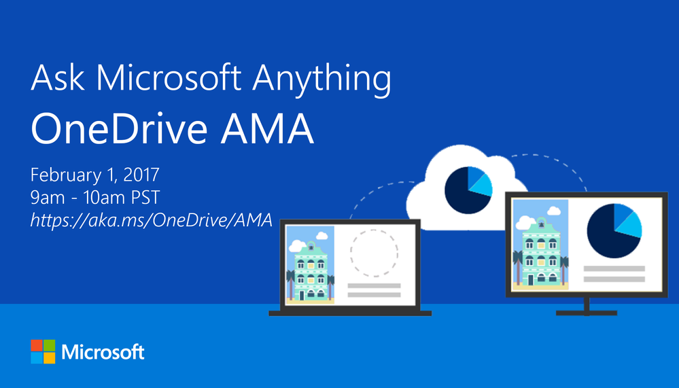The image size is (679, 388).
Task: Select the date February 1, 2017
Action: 95,175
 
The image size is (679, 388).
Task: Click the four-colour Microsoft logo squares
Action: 43,352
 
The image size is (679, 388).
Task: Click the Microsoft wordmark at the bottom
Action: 103,352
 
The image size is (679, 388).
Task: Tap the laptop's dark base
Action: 349,313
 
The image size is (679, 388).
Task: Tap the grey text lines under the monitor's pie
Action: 614,273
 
